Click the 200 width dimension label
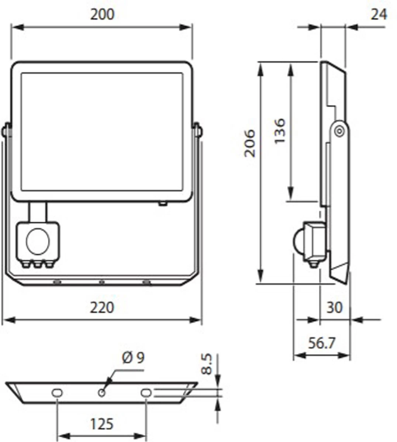coord(102,14)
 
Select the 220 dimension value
coord(102,307)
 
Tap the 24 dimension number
coord(379,14)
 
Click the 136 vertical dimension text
coord(279,131)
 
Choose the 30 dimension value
coord(334,307)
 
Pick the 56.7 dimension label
coord(321,343)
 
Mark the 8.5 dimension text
coord(207,364)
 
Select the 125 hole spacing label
coord(101,424)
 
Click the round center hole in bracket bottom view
coord(101,393)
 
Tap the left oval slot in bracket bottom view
coord(56,393)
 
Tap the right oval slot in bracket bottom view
coord(146,393)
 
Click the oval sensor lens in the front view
coord(37,241)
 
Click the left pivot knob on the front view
coord(6,131)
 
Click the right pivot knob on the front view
coord(198,131)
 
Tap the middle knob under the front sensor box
coord(37,264)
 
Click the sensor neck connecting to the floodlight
coord(37,211)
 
